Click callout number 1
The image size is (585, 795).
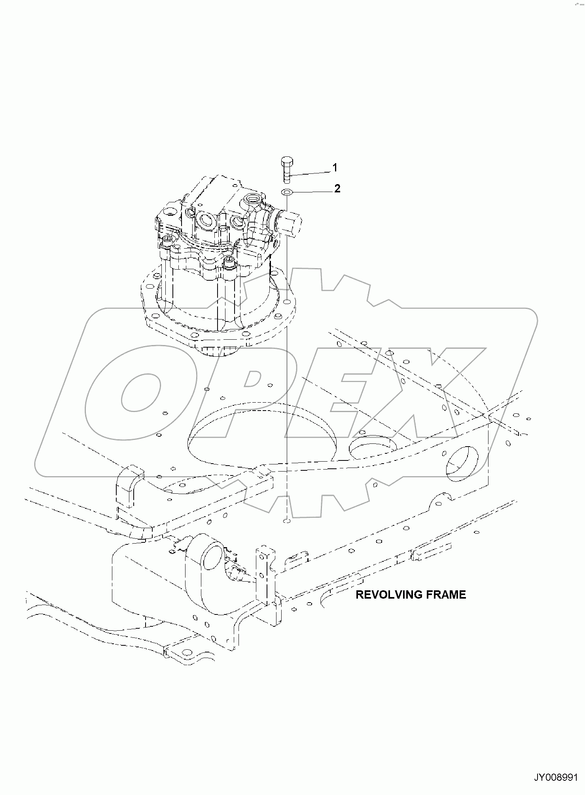(x=335, y=168)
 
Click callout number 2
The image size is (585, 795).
(x=337, y=188)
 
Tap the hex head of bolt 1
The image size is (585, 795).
(x=286, y=162)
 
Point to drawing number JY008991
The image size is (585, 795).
(x=556, y=777)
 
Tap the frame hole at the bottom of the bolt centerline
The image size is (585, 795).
(x=287, y=521)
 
